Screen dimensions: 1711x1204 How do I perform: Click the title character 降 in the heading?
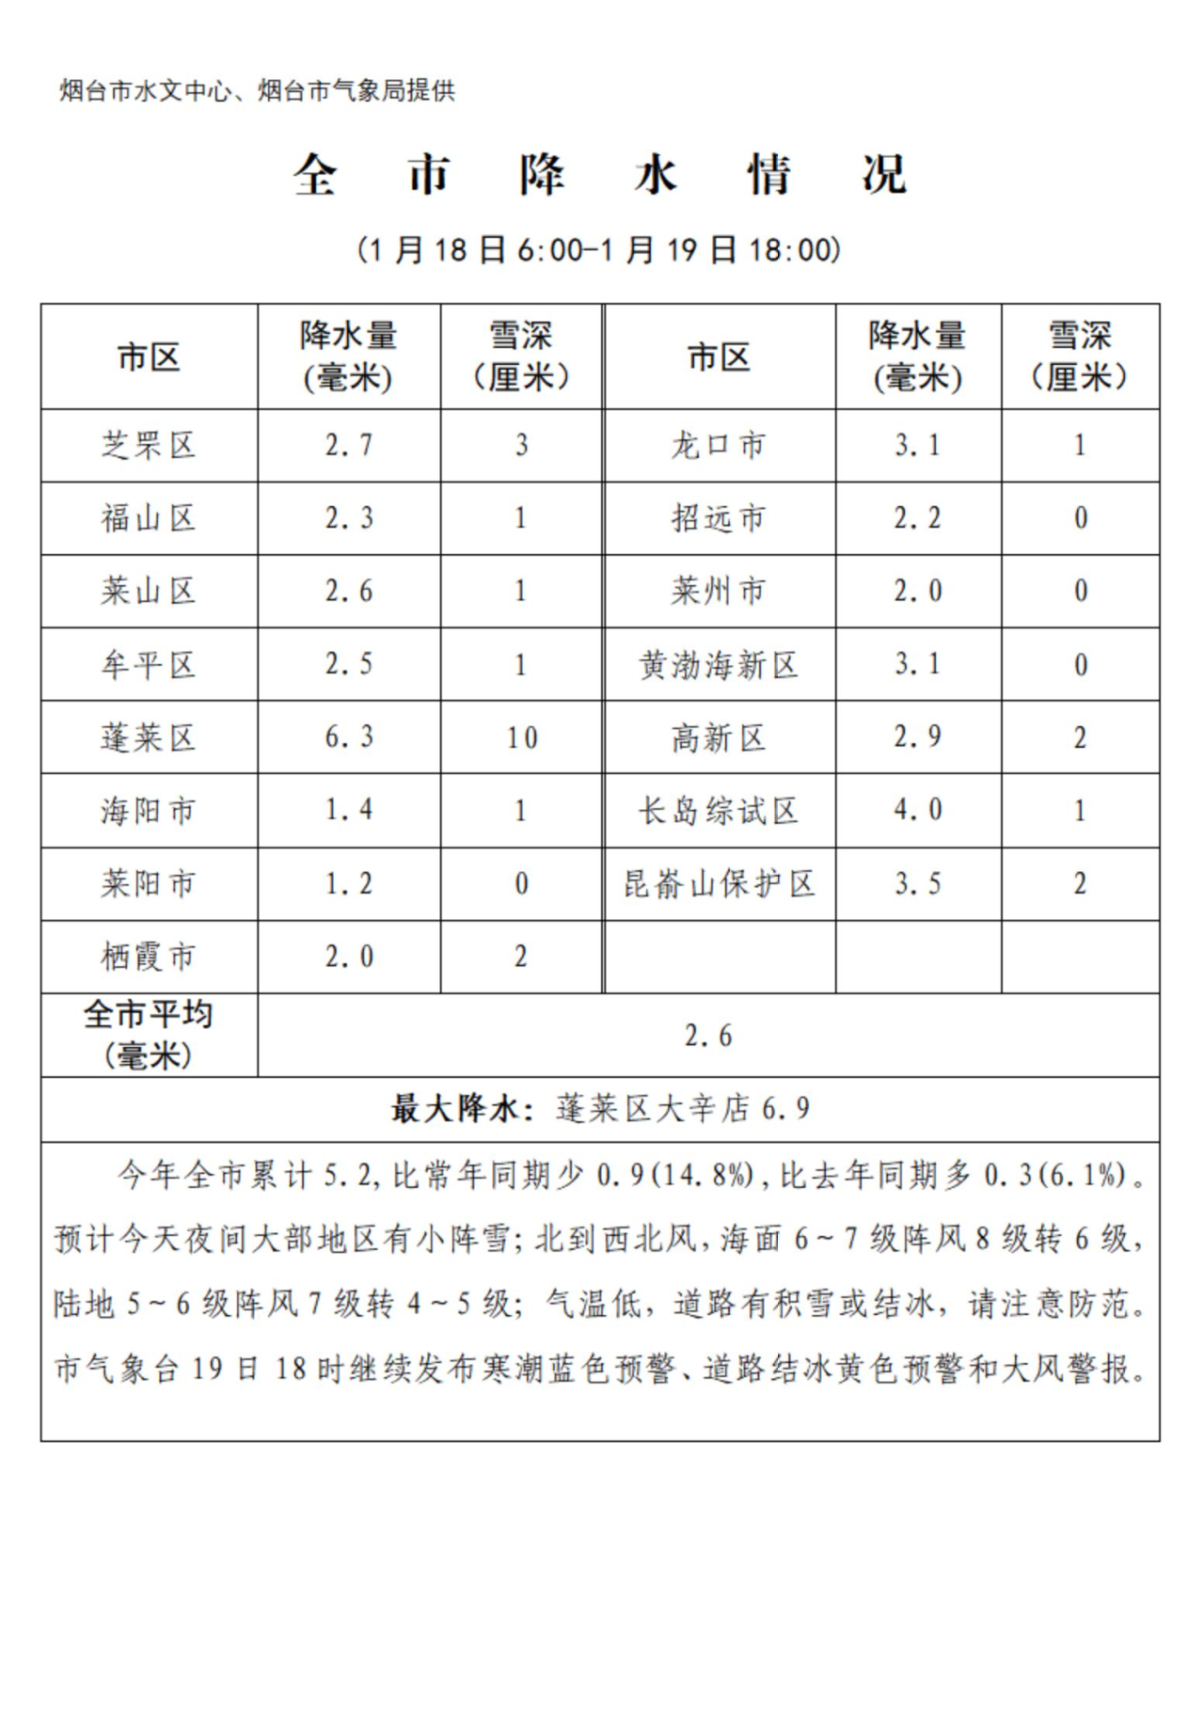point(542,175)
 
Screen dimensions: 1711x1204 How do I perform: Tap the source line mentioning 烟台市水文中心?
point(257,91)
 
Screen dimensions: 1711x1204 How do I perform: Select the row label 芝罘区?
point(149,445)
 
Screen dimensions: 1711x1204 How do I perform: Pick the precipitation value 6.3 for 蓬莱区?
point(349,737)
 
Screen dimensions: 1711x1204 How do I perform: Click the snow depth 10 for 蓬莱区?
point(521,737)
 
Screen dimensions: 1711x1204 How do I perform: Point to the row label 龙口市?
point(719,445)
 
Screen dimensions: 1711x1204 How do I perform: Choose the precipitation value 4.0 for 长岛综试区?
point(917,810)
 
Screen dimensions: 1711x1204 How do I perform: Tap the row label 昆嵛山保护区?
point(719,884)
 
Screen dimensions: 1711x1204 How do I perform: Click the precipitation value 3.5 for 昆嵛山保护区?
point(917,884)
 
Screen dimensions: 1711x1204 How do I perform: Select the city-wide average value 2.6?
point(707,1036)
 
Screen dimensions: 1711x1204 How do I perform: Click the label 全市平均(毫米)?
point(149,1035)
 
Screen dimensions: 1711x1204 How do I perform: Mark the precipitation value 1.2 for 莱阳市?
point(349,884)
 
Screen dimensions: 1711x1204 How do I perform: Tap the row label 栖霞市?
point(149,957)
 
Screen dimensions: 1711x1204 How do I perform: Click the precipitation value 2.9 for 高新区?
point(917,737)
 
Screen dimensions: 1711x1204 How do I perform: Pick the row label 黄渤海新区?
point(719,665)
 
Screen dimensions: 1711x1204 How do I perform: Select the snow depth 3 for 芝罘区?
point(521,445)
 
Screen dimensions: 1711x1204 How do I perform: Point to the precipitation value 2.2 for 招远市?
point(917,518)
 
